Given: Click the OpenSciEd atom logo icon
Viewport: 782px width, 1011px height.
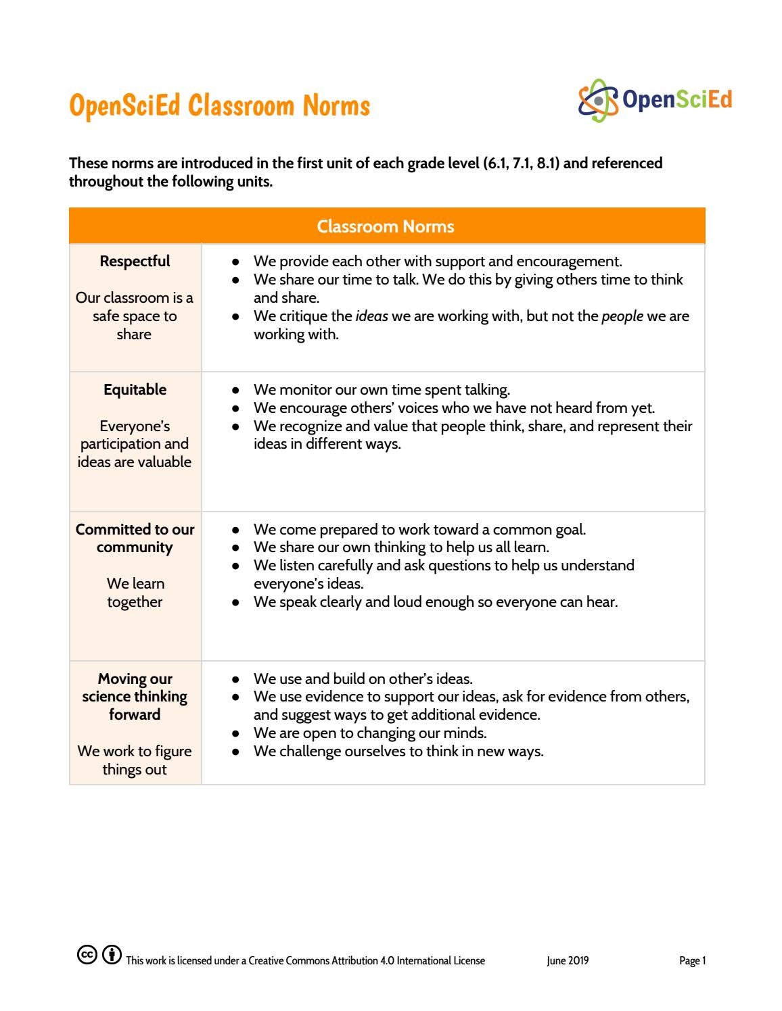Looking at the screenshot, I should click(x=598, y=101).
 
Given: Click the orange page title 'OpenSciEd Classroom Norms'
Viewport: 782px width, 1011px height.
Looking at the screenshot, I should click(x=219, y=106).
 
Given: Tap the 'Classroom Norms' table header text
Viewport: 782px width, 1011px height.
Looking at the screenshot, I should click(x=386, y=226).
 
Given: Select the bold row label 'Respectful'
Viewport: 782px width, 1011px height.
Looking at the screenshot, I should click(x=135, y=262).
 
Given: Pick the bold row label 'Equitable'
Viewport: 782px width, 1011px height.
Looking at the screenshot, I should click(x=135, y=390).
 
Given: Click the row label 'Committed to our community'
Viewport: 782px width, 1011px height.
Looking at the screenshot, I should click(x=135, y=539).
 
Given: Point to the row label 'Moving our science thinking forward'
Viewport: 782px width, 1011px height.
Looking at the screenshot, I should click(x=135, y=697).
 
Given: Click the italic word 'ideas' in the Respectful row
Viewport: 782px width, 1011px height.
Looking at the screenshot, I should click(x=371, y=316).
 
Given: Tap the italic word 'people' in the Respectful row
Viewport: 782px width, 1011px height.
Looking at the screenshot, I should click(x=622, y=316).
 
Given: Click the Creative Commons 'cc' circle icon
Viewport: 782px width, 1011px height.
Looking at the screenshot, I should click(x=87, y=955).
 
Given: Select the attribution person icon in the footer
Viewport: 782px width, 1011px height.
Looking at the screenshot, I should click(x=112, y=955).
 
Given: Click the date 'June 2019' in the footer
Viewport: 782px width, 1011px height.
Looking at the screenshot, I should click(x=568, y=961).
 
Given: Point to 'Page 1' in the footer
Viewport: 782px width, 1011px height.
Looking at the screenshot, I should click(x=692, y=961).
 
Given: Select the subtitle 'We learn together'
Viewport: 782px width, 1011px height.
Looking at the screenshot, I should click(x=135, y=593).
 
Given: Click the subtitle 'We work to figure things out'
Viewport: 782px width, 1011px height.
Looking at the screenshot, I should click(x=135, y=760).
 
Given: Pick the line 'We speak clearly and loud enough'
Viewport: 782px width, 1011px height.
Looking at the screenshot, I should click(x=435, y=602).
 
